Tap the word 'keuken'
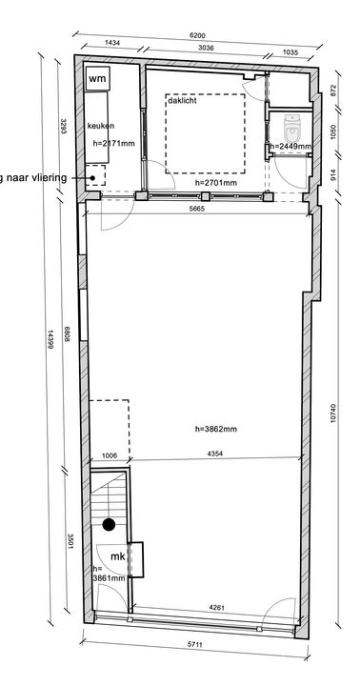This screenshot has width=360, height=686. pyautogui.click(x=101, y=126)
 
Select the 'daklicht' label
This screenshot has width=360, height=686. pyautogui.click(x=182, y=100)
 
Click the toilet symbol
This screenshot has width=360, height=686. pyautogui.click(x=292, y=125)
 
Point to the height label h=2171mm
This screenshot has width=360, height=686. pyautogui.click(x=112, y=143)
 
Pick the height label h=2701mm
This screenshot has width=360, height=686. pyautogui.click(x=214, y=181)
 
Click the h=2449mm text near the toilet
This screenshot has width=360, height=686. pyautogui.click(x=290, y=147)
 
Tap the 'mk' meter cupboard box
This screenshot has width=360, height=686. pyautogui.click(x=117, y=556)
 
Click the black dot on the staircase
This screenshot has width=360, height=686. pyautogui.click(x=110, y=524)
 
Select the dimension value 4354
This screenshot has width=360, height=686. pyautogui.click(x=216, y=456)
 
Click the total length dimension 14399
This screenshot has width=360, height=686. pyautogui.click(x=50, y=337)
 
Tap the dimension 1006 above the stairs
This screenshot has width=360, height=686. pyautogui.click(x=109, y=456)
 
